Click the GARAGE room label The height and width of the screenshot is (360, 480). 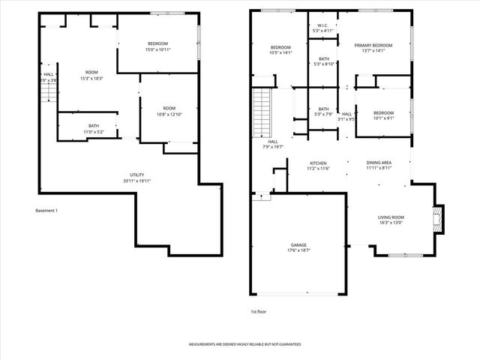tap(298, 245)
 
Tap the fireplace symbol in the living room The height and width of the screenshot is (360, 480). tap(438, 218)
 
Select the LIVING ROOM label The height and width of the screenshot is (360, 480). tap(391, 217)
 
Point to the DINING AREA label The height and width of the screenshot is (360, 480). tap(379, 163)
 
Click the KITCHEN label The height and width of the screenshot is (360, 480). tap(319, 163)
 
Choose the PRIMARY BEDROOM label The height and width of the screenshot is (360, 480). tap(373, 45)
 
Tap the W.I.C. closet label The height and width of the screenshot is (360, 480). tap(324, 26)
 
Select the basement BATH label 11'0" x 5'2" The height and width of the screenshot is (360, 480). tap(94, 125)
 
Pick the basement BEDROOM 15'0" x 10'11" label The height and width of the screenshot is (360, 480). tap(157, 43)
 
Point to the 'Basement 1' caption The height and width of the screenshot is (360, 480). tap(46, 210)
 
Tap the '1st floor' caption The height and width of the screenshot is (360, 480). tap(259, 310)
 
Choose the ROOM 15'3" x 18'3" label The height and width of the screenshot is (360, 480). tap(91, 72)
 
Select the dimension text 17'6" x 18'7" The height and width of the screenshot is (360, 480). tap(298, 250)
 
